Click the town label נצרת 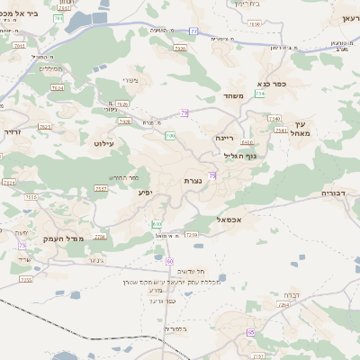pos(193,181)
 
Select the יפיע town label pos(143,192)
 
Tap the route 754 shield pos(260,94)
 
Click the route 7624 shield pos(58,88)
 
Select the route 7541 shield pos(282,130)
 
